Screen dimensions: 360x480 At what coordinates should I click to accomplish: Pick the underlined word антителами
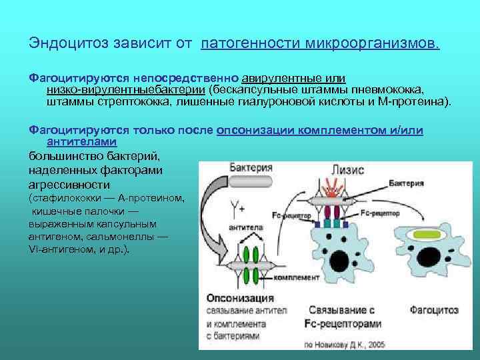(82, 141)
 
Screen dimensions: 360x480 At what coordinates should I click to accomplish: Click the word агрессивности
(69, 184)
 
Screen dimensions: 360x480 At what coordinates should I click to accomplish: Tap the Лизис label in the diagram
(348, 171)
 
